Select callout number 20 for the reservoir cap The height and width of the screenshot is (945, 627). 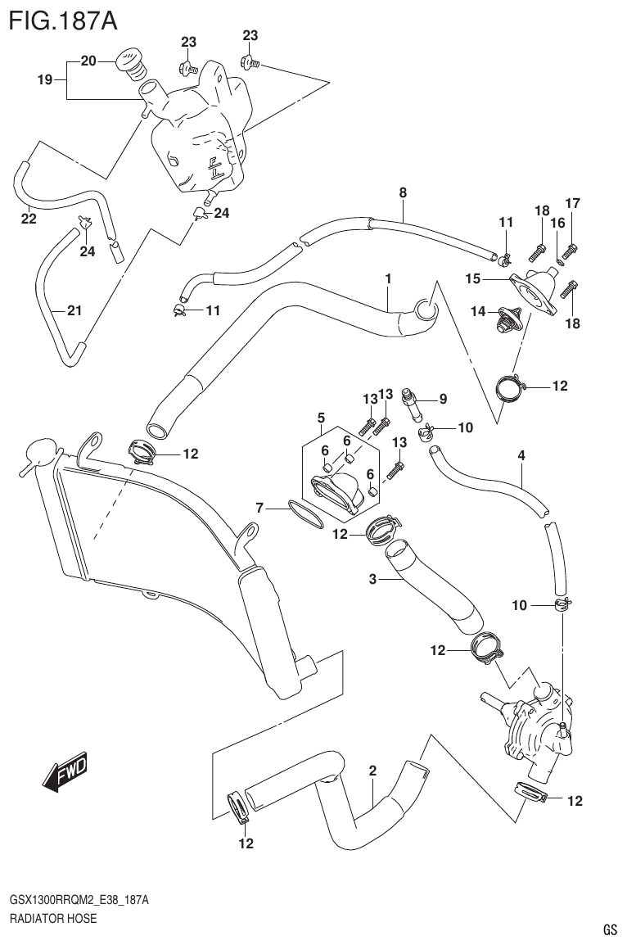coord(88,60)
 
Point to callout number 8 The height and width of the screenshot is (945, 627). coord(402,193)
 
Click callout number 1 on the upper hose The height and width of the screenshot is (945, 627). coord(388,279)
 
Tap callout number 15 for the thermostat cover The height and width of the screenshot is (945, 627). coord(472,279)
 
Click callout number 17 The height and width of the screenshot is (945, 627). coord(572,203)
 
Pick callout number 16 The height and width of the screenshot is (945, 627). coord(557,223)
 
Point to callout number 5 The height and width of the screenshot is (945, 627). coord(322,417)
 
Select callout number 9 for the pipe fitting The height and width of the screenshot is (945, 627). coord(442,400)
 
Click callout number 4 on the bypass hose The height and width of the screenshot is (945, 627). coord(521,454)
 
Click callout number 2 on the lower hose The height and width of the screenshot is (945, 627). coord(372,771)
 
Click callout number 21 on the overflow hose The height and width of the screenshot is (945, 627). coord(74,310)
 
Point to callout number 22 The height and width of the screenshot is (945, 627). coord(29,219)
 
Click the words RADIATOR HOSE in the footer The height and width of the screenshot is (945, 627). coord(53,918)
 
